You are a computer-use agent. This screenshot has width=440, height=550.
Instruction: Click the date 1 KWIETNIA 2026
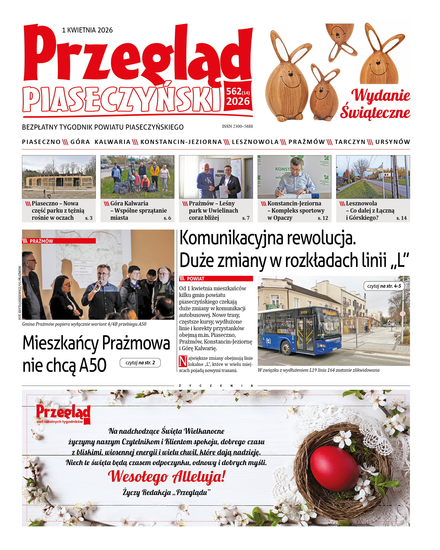[87, 30]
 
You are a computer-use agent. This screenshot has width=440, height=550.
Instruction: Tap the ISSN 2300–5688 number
[237, 126]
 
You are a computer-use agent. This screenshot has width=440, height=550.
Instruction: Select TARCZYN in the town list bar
[350, 142]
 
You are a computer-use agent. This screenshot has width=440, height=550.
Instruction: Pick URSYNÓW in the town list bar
[393, 142]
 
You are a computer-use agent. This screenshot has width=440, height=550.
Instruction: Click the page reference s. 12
[323, 218]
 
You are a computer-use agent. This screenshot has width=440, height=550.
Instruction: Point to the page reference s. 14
[401, 218]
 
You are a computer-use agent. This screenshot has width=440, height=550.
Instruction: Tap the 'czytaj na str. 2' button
[140, 363]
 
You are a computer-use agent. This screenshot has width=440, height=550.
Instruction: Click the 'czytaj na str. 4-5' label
[384, 286]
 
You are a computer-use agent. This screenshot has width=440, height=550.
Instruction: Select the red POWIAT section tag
[216, 279]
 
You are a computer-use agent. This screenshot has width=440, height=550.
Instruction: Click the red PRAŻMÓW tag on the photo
[59, 241]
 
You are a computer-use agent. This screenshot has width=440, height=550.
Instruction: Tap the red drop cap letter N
[183, 361]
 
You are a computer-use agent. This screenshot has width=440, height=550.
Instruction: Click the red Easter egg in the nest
[334, 469]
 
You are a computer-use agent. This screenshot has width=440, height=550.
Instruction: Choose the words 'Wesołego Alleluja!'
[167, 476]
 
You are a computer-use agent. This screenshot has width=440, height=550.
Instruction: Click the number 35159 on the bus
[304, 312]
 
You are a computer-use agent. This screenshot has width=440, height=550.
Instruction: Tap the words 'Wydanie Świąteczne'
[375, 104]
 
